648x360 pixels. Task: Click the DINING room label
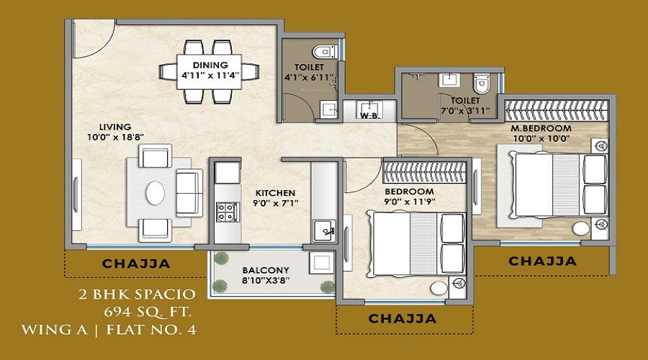tap(210, 66)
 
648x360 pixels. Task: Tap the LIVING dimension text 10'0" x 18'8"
tap(115, 138)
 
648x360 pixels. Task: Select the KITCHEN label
tap(275, 193)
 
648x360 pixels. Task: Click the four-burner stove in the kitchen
tap(227, 212)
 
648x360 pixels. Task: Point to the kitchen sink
tap(325, 230)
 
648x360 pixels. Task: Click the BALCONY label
tap(266, 270)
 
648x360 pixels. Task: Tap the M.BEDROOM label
tap(541, 128)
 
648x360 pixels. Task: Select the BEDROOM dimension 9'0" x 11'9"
tap(409, 202)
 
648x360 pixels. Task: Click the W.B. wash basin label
tap(369, 116)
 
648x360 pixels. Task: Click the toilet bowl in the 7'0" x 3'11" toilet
tap(481, 84)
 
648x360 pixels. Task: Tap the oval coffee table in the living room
tap(155, 193)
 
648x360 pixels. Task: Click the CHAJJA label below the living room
tap(136, 264)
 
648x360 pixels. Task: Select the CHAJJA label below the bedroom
tap(402, 318)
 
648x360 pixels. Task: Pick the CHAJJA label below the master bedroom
tap(542, 261)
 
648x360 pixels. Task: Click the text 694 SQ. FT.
tap(148, 312)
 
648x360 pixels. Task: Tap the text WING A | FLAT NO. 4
tap(108, 330)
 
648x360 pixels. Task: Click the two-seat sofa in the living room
tap(189, 193)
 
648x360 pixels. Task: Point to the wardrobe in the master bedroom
tap(557, 110)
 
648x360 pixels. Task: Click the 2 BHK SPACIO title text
tap(138, 294)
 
